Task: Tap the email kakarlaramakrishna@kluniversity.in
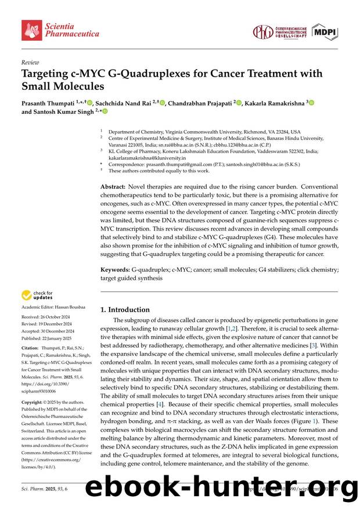pyautogui.click(x=147, y=157)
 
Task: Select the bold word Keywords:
pyautogui.click(x=115, y=270)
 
